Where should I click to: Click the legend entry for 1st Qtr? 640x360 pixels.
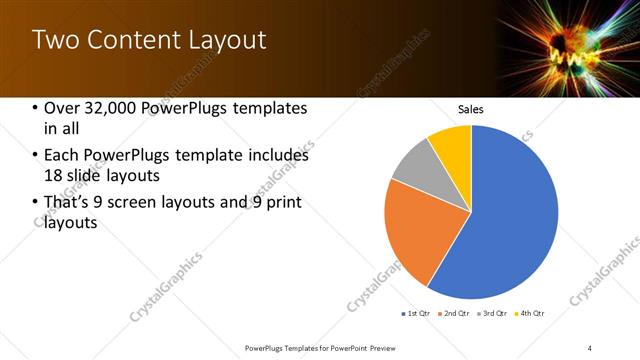click(x=416, y=314)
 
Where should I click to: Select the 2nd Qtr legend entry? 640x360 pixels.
click(x=455, y=314)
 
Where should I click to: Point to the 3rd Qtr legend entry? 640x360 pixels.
click(x=494, y=314)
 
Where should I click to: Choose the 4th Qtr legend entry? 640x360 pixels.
click(x=531, y=314)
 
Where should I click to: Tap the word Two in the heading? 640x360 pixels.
click(x=55, y=40)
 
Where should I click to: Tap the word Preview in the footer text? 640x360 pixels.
click(x=382, y=347)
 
